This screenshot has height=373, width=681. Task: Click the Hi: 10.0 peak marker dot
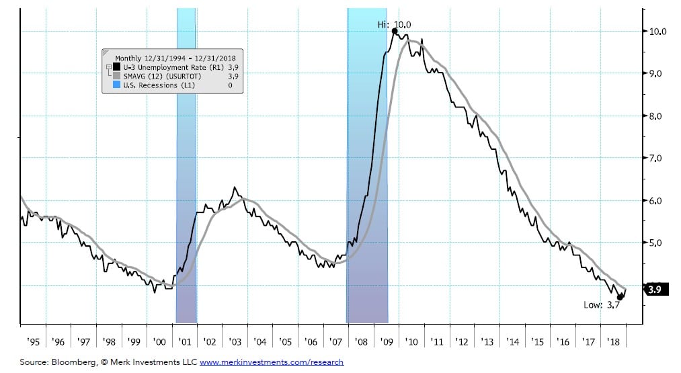394,31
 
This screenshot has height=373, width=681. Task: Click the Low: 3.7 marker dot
620,297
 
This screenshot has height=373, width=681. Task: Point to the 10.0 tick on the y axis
657,32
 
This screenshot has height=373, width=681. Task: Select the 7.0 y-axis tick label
657,159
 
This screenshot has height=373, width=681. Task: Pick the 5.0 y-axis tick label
657,243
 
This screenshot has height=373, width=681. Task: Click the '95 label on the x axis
33,341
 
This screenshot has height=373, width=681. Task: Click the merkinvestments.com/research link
272,362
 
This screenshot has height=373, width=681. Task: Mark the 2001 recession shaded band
186,168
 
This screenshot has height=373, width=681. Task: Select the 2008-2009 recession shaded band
367,168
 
